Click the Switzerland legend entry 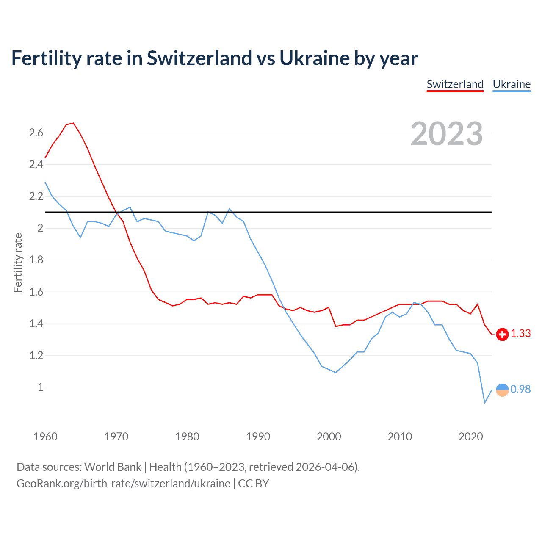coord(455,84)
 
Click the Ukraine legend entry coord(512,84)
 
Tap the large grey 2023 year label coord(447,134)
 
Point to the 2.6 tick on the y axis coord(36,133)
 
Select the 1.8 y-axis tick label coord(36,260)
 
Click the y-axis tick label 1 coord(41,387)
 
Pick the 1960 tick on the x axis coord(45,437)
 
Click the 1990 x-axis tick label coord(258,437)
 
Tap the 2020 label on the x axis coord(470,437)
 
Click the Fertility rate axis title coord(18,263)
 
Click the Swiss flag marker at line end coord(502,334)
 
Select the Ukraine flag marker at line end coord(502,390)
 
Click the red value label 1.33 coord(520,334)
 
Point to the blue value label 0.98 coord(520,389)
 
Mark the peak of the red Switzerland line coord(73,123)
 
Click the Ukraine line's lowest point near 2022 coord(485,402)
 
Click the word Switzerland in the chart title coord(199,58)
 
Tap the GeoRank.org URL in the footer coord(123,484)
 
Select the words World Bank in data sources coord(113,467)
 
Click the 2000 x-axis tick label coord(329,437)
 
